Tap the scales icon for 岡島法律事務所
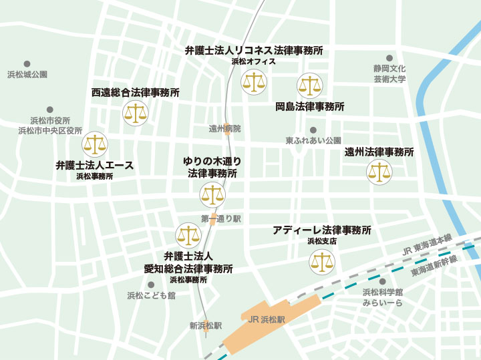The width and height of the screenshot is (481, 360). pos(309,85)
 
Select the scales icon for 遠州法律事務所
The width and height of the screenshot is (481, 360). pos(379,172)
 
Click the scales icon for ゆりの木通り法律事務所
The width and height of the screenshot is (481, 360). pos(212,195)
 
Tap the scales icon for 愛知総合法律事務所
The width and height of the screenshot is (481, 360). pos(188,235)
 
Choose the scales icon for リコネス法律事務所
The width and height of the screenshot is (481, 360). pos(253,83)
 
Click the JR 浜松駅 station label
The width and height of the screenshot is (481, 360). pos(266,320)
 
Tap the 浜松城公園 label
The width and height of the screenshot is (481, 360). pos(27,74)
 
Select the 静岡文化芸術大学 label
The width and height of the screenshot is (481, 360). pos(389,73)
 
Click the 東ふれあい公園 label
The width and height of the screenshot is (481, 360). pos(313,141)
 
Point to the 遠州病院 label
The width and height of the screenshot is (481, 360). pos(224,128)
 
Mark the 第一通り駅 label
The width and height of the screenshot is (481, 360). pos(220,218)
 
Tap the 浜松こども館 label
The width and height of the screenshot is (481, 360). pos(152,295)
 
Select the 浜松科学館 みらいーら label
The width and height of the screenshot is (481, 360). pos(382,297)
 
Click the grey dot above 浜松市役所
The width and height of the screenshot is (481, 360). pos(49,110)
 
